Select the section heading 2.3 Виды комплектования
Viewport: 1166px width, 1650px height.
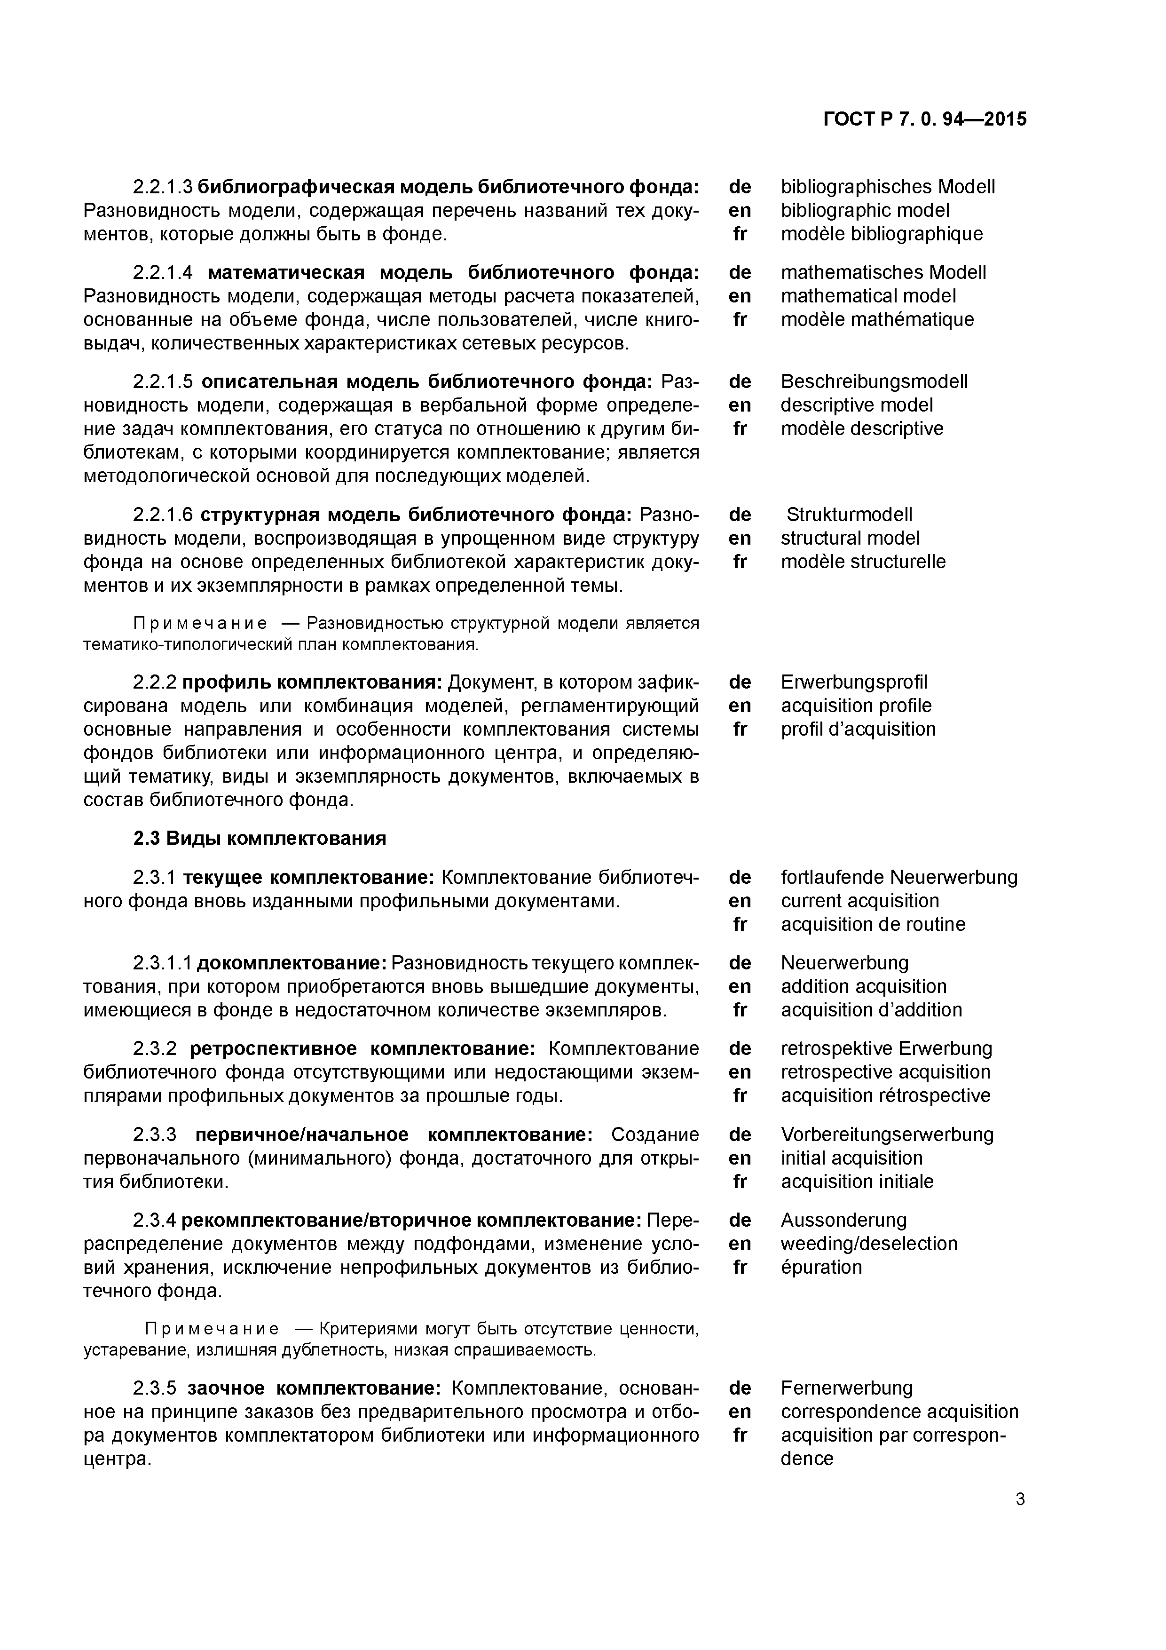pyautogui.click(x=260, y=839)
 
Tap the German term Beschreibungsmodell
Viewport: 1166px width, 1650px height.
pyautogui.click(x=874, y=381)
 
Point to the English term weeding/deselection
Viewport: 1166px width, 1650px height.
pyautogui.click(x=868, y=1243)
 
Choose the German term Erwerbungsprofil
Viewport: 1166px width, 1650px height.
pyautogui.click(x=853, y=681)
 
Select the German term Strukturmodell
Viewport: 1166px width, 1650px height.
pyautogui.click(x=849, y=515)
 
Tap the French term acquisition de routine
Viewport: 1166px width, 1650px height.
pyautogui.click(x=873, y=924)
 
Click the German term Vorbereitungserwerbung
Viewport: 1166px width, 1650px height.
pyautogui.click(x=887, y=1135)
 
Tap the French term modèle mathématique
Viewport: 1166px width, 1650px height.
pyautogui.click(x=877, y=319)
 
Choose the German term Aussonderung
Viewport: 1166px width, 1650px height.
pyautogui.click(x=843, y=1220)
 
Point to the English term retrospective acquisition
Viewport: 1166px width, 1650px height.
pyautogui.click(x=885, y=1072)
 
